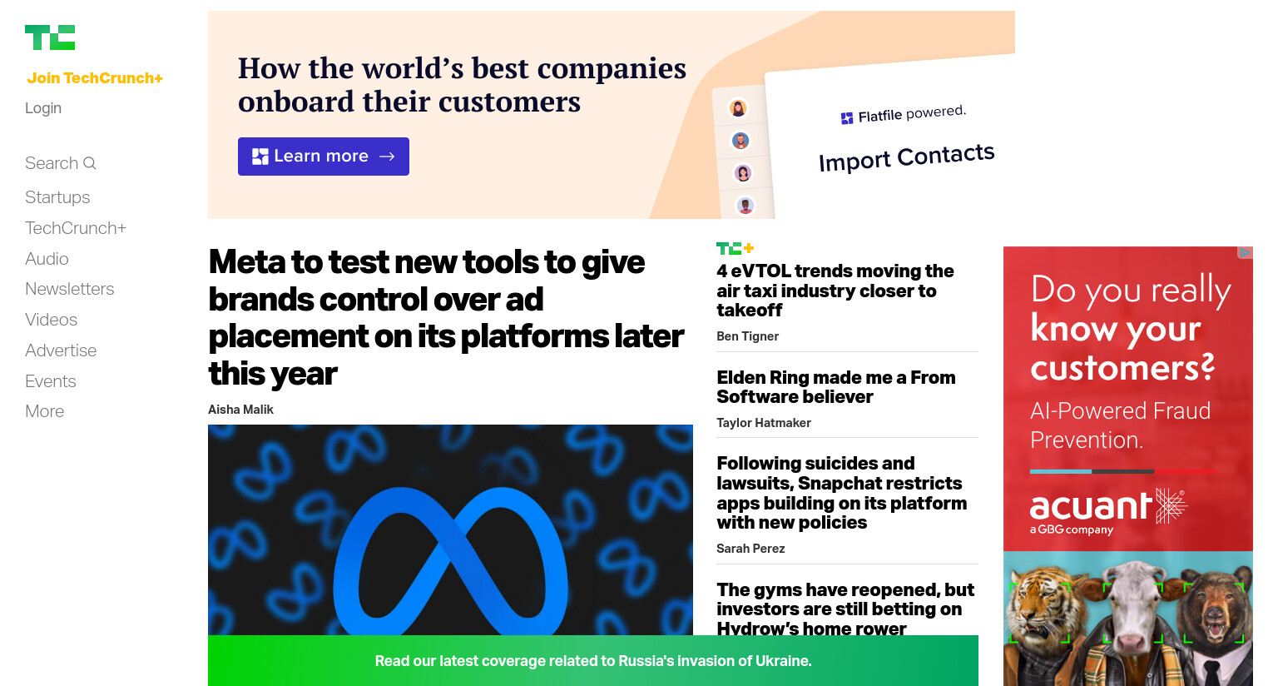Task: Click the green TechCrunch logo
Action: [x=50, y=37]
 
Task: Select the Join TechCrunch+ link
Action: [x=95, y=77]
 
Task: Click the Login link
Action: [x=43, y=108]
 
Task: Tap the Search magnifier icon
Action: [x=90, y=163]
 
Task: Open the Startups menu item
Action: [x=57, y=197]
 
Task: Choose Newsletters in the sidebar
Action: [x=70, y=289]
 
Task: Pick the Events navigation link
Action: [x=51, y=380]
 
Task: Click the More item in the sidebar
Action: [x=44, y=411]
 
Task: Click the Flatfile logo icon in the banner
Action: [x=847, y=118]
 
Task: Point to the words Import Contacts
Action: [x=907, y=157]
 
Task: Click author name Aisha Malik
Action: [x=240, y=410]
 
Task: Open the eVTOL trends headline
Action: [x=835, y=291]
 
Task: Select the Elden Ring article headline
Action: [x=836, y=387]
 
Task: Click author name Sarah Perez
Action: [x=750, y=549]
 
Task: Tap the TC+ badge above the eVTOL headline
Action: [x=736, y=248]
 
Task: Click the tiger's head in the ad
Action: [x=1038, y=611]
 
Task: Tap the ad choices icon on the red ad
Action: [x=1245, y=252]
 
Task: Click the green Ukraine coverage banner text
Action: [x=593, y=661]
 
